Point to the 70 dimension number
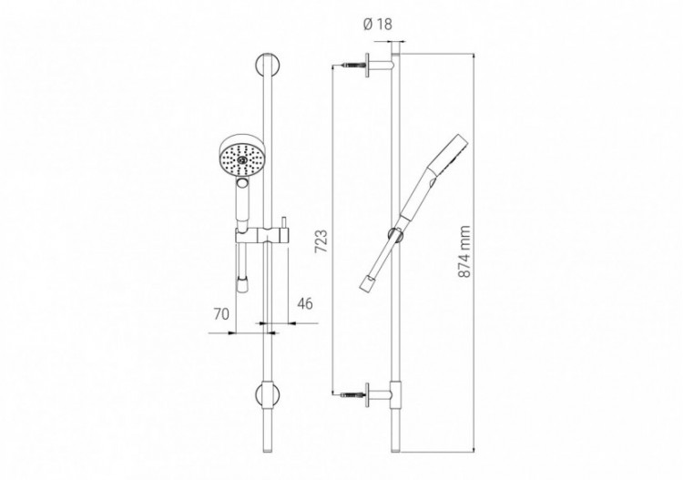pos(220,314)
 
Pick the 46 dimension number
pos(304,303)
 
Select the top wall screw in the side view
pos(352,68)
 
